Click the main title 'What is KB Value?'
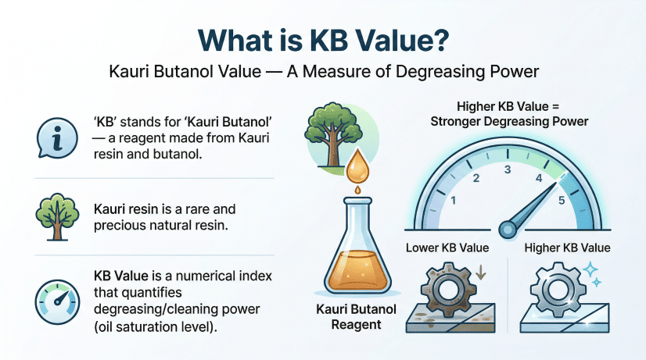(x=323, y=38)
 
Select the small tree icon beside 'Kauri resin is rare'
(x=53, y=213)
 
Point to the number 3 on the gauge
(x=509, y=169)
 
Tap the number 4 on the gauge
(x=541, y=179)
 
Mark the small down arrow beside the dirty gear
(x=483, y=272)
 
